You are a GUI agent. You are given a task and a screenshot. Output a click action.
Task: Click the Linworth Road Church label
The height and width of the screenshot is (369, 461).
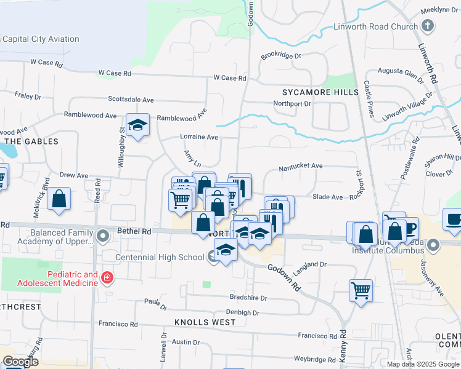(x=375, y=26)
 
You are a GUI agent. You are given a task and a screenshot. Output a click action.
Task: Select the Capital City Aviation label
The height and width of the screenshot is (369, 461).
(x=41, y=39)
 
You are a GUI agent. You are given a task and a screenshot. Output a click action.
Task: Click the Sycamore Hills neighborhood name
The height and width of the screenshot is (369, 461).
(x=320, y=92)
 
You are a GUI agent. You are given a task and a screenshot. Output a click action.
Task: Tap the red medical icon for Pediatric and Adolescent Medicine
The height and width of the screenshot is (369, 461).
(x=107, y=278)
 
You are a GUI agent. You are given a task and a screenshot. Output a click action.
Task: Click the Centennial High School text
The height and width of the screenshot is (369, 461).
(x=160, y=256)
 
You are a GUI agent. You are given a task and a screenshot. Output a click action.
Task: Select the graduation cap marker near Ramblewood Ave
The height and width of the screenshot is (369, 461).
(x=138, y=125)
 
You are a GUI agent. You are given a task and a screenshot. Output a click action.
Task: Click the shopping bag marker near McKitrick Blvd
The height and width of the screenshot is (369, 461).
(x=59, y=199)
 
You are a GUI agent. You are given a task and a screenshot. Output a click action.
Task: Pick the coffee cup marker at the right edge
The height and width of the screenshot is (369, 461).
(x=454, y=220)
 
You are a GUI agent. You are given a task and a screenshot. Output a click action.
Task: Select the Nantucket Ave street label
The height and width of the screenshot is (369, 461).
(x=301, y=166)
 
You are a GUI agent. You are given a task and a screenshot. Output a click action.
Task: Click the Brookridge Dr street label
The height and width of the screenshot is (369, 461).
(x=280, y=55)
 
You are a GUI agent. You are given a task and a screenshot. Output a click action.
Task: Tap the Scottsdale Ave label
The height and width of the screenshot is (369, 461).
(x=131, y=99)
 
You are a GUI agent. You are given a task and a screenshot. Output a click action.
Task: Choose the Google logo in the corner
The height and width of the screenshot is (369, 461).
(x=20, y=362)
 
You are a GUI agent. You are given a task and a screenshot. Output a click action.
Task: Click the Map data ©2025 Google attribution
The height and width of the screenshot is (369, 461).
(x=423, y=363)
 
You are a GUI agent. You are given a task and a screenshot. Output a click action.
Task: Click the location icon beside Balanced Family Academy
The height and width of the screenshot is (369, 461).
(x=103, y=234)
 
